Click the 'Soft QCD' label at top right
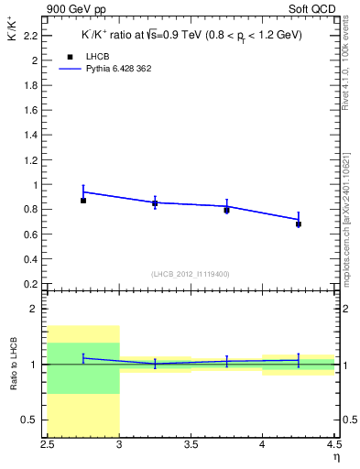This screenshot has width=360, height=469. (x=314, y=9)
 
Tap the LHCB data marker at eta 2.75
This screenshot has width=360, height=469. (x=83, y=200)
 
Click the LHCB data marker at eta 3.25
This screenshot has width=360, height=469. (x=155, y=203)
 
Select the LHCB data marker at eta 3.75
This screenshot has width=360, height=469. (x=226, y=210)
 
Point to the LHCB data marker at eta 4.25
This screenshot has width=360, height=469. (x=299, y=224)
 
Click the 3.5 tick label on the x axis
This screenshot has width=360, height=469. (x=191, y=446)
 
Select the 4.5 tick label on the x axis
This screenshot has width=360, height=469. (x=333, y=446)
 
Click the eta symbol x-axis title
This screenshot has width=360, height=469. (x=336, y=457)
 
